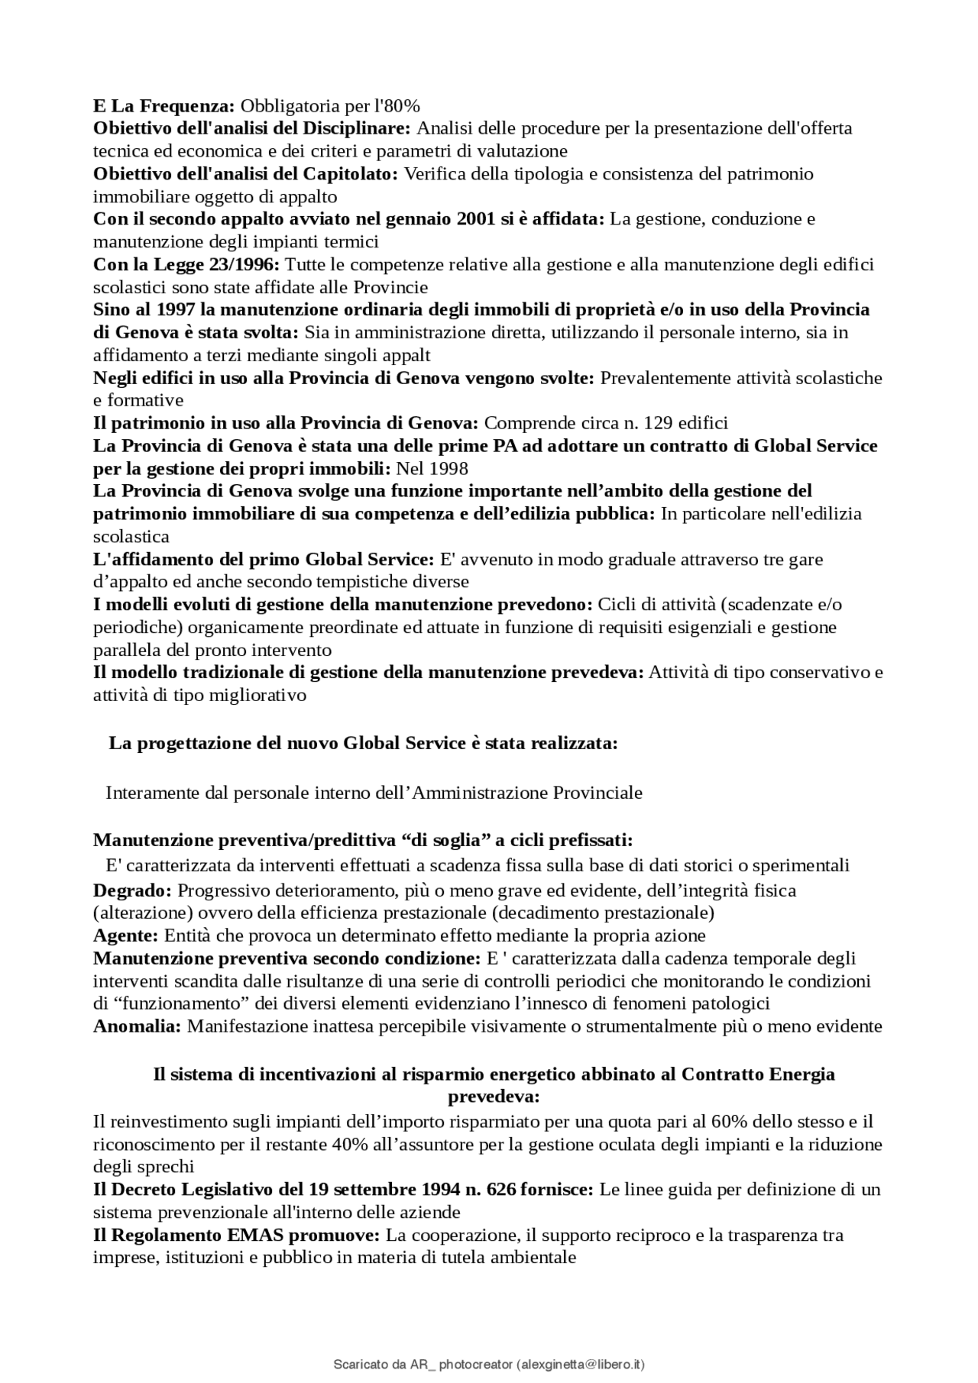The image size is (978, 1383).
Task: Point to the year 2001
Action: click(476, 219)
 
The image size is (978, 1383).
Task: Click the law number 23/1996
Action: click(244, 265)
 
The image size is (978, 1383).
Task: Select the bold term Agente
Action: click(125, 935)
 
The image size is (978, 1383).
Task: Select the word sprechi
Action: click(167, 1167)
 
